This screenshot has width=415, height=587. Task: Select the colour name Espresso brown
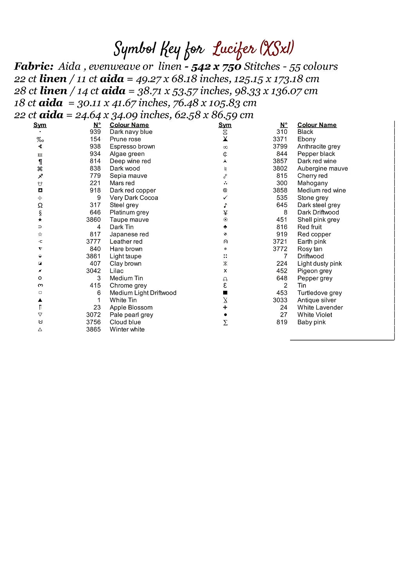(132, 146)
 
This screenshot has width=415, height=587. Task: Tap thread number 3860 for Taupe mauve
(94, 220)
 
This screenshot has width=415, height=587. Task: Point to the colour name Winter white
(127, 330)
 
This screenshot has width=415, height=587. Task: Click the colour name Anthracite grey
(319, 146)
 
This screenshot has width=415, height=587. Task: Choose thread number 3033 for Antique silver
(280, 300)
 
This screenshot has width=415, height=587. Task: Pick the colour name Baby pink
(311, 322)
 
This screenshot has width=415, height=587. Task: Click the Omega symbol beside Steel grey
(40, 205)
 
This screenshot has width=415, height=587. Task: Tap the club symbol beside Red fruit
(225, 227)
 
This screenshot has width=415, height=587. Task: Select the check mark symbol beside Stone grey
(225, 198)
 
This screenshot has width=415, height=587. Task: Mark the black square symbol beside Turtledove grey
(225, 293)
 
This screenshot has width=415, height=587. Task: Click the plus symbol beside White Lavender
(225, 308)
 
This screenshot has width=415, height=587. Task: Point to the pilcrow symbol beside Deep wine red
(40, 161)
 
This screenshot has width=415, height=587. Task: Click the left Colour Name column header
(129, 125)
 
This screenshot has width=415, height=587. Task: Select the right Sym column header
(225, 125)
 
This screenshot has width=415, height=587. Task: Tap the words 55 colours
(313, 67)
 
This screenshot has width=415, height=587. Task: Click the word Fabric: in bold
(34, 67)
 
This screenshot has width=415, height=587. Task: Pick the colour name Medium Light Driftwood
(143, 293)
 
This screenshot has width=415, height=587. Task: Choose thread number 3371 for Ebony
(280, 139)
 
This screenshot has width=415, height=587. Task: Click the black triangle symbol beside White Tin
(40, 300)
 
